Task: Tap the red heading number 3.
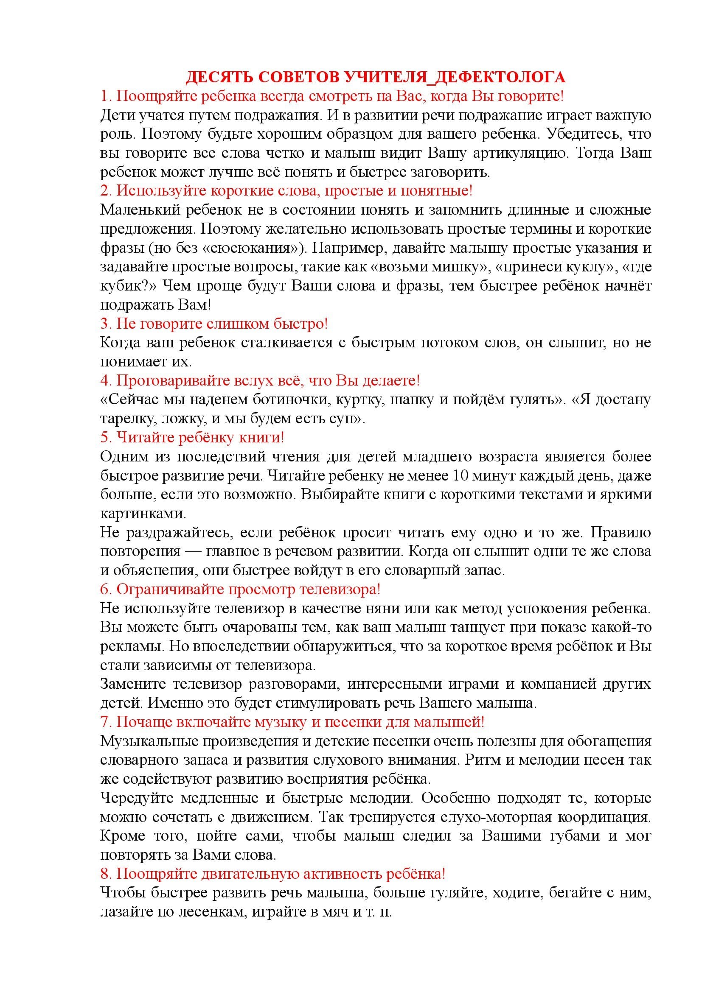[105, 324]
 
